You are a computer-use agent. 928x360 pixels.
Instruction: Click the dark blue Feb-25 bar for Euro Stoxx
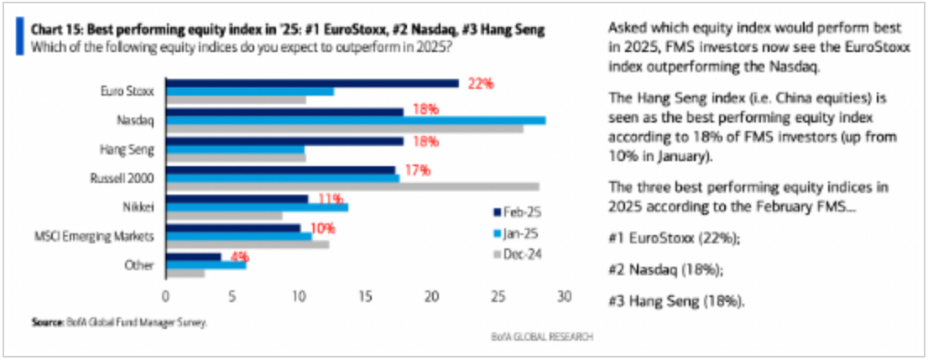pos(312,82)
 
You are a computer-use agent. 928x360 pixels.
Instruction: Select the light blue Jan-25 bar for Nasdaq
pos(356,120)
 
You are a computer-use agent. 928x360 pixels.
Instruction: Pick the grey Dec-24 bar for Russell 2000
pos(352,186)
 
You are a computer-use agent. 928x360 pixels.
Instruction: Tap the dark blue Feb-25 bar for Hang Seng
pos(284,141)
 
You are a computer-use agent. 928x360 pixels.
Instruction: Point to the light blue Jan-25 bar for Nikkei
pos(257,207)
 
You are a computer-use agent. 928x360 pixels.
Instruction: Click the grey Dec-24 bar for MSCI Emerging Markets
pos(248,244)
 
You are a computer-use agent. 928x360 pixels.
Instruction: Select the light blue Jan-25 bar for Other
pos(206,266)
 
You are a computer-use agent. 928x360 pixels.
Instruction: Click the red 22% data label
pos(482,83)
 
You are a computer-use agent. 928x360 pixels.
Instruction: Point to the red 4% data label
pos(239,257)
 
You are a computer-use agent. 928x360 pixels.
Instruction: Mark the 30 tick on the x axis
pos(565,296)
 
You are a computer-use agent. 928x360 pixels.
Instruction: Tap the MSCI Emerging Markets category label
pos(105,236)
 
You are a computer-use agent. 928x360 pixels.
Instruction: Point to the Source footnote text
pos(118,321)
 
